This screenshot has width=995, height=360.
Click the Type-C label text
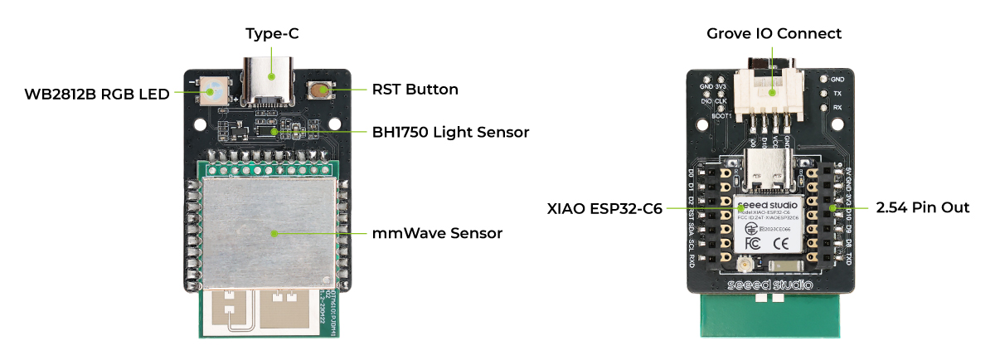tap(271, 34)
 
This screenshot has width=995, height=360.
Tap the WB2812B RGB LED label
tap(96, 93)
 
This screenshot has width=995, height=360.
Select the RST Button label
tap(415, 89)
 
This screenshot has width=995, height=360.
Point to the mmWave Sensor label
tap(437, 233)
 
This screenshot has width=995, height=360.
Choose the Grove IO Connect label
tap(774, 34)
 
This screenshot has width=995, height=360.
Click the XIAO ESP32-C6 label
tap(604, 208)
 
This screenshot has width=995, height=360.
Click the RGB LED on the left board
tap(215, 90)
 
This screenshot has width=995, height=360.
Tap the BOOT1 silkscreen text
tap(722, 115)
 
